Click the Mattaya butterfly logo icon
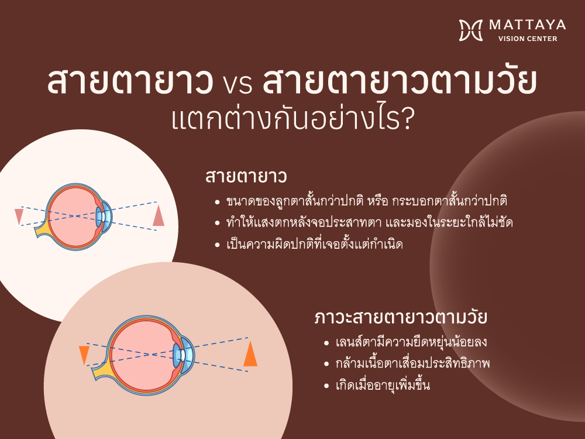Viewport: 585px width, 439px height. [x=471, y=30]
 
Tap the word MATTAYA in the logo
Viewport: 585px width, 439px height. [x=527, y=25]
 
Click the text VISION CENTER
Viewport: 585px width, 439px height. [x=528, y=39]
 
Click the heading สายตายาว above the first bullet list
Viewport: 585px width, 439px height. [x=246, y=177]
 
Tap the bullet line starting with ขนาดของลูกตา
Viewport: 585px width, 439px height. [x=366, y=201]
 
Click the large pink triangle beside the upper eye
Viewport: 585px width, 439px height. [x=159, y=217]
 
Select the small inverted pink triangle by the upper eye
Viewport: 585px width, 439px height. [x=19, y=216]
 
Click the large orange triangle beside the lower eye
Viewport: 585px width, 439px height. [x=250, y=355]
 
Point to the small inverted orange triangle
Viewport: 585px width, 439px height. [x=84, y=354]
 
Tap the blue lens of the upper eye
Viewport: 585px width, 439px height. [x=99, y=217]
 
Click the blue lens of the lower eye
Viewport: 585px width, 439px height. [x=177, y=355]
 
